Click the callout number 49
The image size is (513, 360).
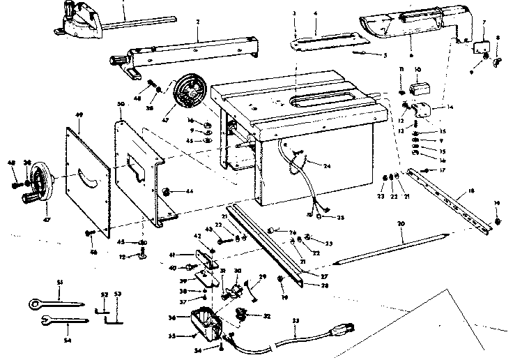[x=79, y=114]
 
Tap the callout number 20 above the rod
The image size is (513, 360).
[x=401, y=226]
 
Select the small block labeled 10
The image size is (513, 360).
[x=418, y=89]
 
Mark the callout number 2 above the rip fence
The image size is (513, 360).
[x=198, y=22]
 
